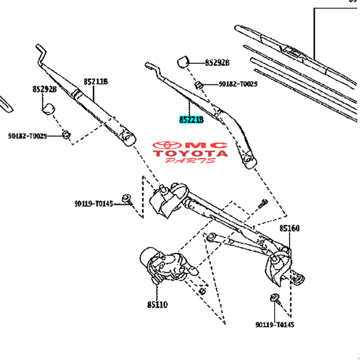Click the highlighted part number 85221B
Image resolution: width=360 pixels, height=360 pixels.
(191, 119)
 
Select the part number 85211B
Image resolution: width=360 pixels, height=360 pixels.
(96, 82)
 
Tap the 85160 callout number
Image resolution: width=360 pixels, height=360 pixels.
(289, 228)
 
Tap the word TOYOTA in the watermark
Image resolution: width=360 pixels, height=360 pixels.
(191, 153)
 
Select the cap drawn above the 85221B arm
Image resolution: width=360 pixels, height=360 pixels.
(183, 62)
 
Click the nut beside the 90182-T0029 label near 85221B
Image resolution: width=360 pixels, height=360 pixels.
(199, 84)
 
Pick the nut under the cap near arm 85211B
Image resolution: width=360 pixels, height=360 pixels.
(66, 135)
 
